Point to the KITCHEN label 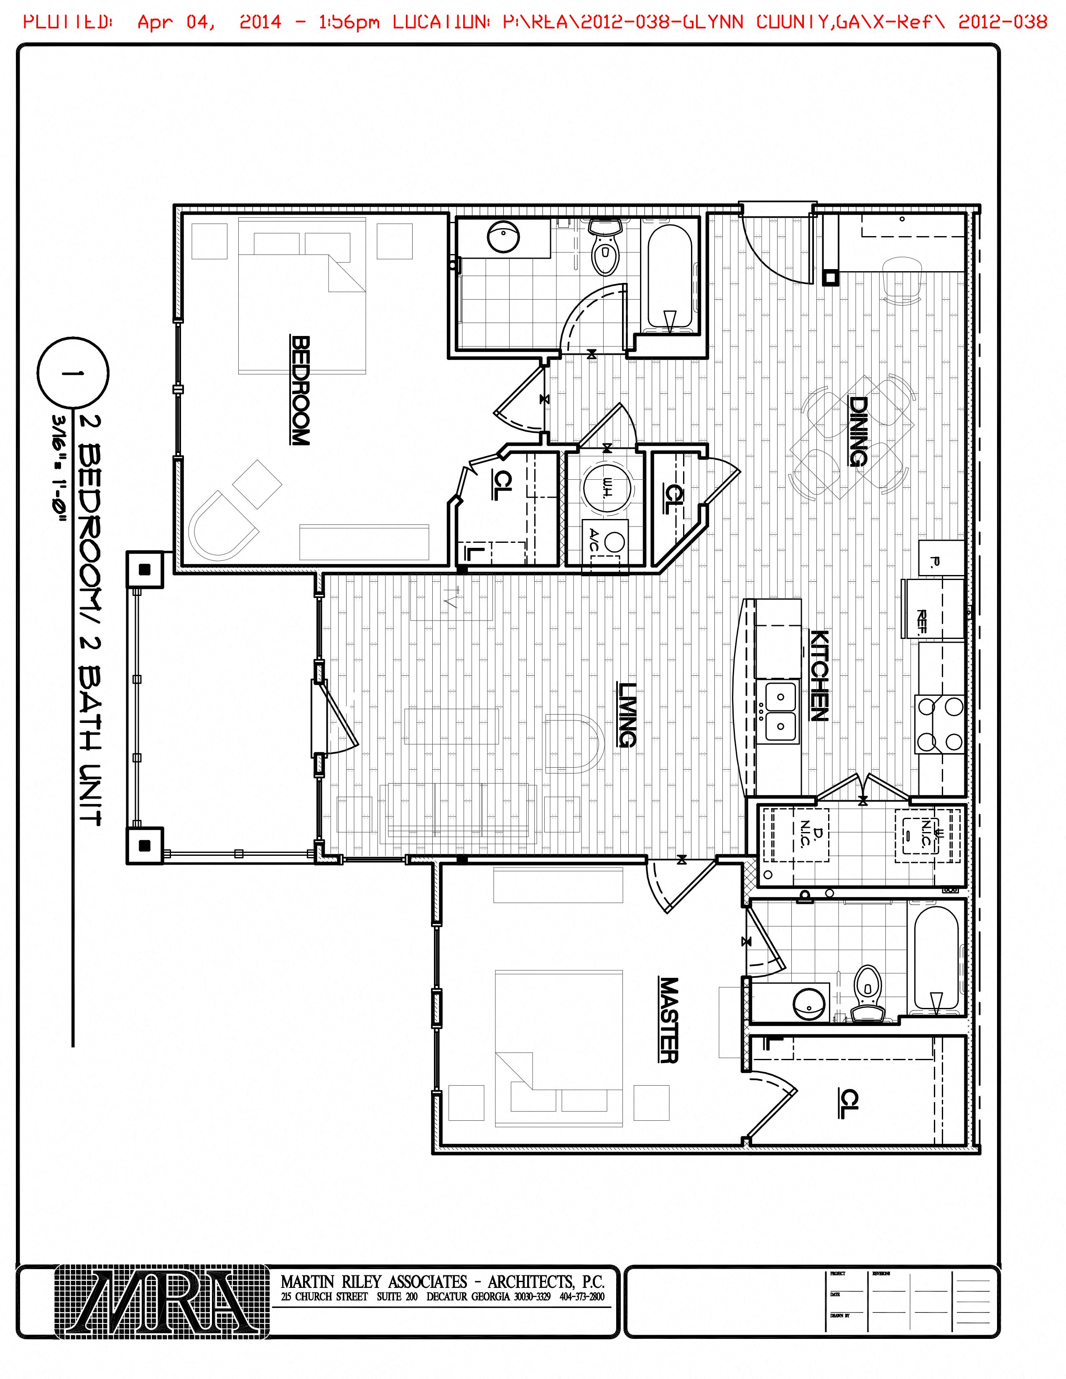point(819,676)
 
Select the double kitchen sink point(780,711)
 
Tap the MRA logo point(162,1301)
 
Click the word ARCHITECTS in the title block point(530,1282)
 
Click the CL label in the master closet point(850,1104)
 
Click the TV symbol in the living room point(450,597)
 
